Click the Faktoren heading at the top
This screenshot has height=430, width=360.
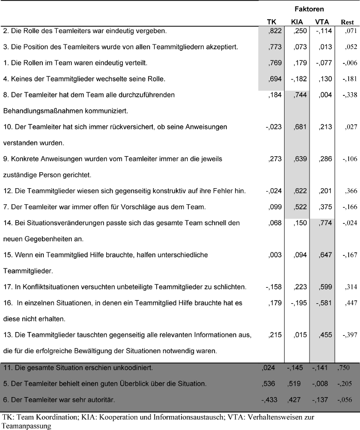(309, 9)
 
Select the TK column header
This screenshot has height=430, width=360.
(271, 22)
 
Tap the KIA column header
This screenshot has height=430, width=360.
(297, 22)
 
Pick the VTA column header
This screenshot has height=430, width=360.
(323, 22)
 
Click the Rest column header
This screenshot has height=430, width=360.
(347, 22)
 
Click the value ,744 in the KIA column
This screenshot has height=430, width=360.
(299, 94)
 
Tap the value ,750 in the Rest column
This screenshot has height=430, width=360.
(348, 368)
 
